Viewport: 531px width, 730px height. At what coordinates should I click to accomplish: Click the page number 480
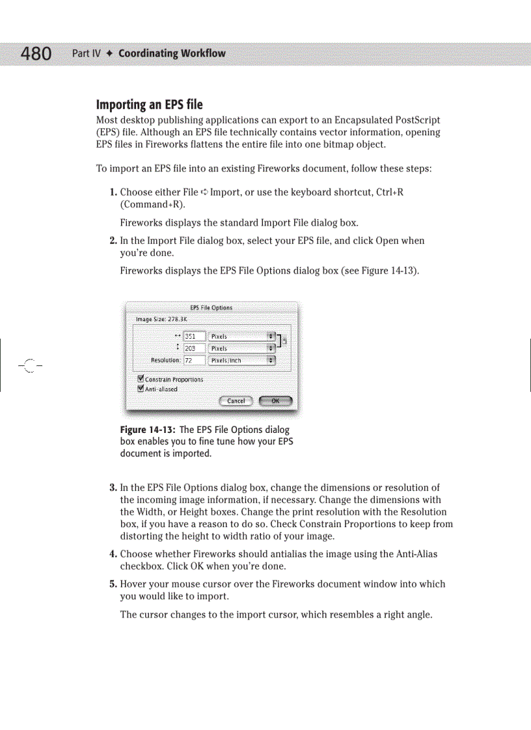[36, 53]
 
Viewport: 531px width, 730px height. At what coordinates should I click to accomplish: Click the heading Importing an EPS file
[149, 105]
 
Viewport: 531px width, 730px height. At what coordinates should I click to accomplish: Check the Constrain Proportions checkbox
[141, 379]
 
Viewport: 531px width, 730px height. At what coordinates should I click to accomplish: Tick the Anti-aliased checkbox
[141, 389]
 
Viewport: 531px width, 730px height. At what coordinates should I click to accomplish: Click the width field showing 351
[194, 337]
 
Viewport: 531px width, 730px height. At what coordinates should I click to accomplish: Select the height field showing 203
[194, 348]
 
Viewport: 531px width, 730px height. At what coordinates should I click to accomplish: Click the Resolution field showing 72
[194, 360]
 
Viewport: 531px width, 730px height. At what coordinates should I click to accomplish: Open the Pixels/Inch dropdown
[241, 360]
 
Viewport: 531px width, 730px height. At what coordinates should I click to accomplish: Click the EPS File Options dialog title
[211, 307]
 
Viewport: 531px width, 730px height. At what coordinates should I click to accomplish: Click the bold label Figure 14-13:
[148, 430]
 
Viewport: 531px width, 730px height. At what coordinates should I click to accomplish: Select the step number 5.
[113, 584]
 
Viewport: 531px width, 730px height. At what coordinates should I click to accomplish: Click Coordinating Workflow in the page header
[172, 53]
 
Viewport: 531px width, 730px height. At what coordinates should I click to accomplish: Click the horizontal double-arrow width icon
[178, 336]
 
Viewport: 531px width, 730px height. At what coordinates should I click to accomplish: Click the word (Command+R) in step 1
[148, 204]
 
